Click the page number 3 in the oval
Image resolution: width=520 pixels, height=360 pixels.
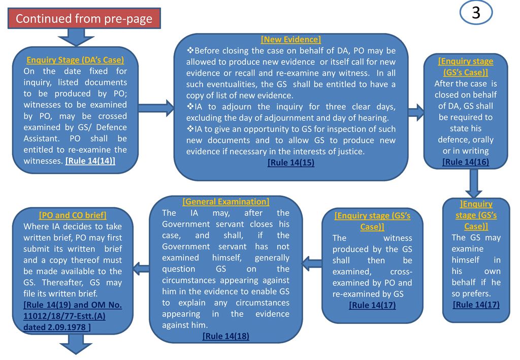[x=476, y=13]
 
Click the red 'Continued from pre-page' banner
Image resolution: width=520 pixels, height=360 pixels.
[x=84, y=19]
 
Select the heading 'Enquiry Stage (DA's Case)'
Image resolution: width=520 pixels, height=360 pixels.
[x=75, y=60]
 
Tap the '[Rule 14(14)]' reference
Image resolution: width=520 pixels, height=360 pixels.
[x=90, y=160]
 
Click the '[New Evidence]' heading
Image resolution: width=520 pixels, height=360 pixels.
[x=290, y=40]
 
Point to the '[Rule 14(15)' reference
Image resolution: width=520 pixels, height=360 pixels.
[x=290, y=162]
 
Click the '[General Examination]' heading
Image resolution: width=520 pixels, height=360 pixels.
[x=225, y=202]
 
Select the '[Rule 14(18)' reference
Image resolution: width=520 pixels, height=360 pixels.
[x=225, y=336]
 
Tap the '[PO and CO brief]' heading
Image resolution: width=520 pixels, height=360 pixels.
[x=73, y=214]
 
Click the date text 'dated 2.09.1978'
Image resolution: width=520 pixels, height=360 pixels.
[x=56, y=328]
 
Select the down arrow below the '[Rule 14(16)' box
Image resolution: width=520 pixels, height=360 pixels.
[x=473, y=183]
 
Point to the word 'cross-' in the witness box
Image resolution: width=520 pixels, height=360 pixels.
[x=402, y=272]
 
